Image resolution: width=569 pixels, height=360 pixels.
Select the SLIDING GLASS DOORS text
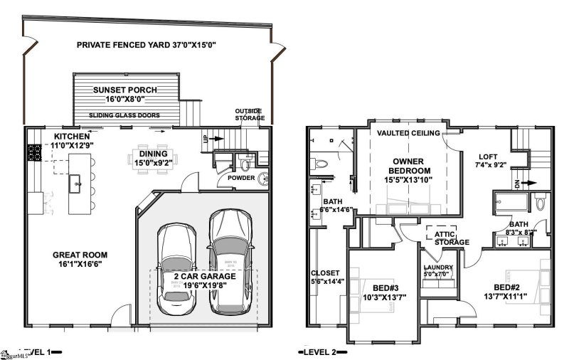click(x=124, y=115)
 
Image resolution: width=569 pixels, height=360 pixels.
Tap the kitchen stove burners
click(x=33, y=152)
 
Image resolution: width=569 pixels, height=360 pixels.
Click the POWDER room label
click(x=240, y=179)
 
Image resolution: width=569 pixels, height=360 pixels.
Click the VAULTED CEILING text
click(x=408, y=133)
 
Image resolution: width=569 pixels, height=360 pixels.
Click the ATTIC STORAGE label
click(x=448, y=238)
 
